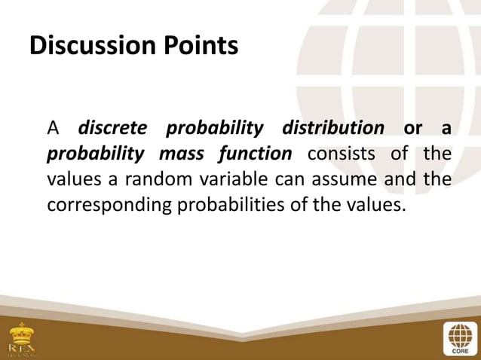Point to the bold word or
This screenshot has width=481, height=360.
coord(412,128)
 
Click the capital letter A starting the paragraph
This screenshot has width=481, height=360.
coord(53,128)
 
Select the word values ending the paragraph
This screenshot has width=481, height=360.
coord(370,205)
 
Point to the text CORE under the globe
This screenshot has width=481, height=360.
coord(458,350)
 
